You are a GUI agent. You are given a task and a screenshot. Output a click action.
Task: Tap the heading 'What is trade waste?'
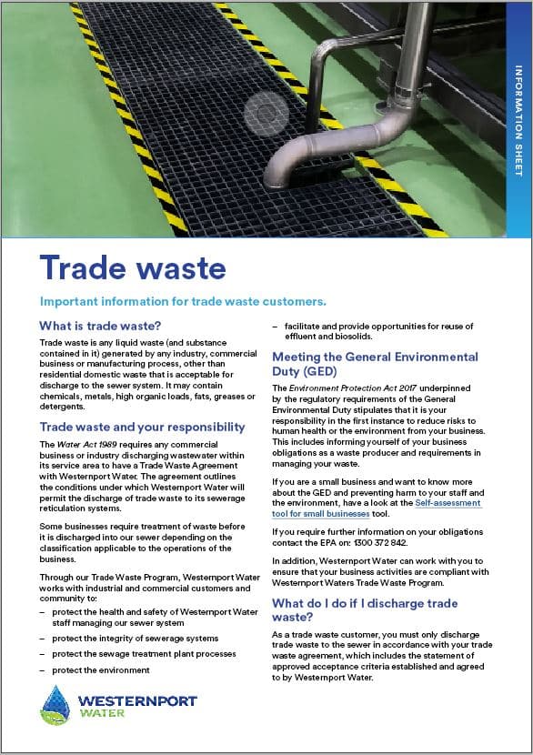100,326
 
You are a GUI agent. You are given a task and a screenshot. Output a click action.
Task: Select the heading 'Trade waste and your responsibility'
143,426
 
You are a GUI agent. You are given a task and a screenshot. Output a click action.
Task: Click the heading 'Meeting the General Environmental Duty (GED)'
375,364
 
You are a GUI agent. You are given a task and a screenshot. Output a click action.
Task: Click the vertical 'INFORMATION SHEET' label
518,119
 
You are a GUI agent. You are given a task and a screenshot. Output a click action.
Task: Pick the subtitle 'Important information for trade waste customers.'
183,301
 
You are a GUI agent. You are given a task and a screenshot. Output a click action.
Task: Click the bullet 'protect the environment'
101,669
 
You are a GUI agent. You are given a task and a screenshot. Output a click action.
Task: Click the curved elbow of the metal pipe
304,146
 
